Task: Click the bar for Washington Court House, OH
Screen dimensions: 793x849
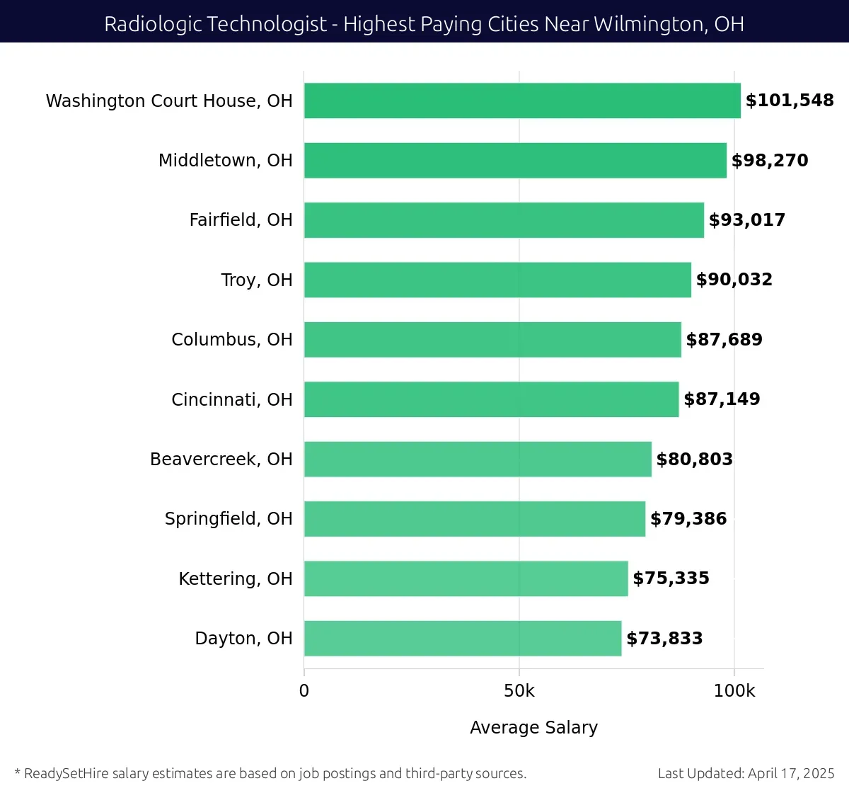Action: (x=522, y=101)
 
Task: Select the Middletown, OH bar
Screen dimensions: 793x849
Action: (x=515, y=161)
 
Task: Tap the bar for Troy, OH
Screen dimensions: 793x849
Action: (x=497, y=280)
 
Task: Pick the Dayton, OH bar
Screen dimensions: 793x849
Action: (x=463, y=639)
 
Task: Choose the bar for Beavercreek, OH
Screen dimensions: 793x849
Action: (x=478, y=459)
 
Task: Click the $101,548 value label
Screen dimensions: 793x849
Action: (x=790, y=101)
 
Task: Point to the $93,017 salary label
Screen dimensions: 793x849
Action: (x=747, y=220)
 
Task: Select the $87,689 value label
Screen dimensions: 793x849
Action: (x=724, y=340)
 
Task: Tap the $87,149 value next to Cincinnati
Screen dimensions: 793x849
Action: (x=722, y=399)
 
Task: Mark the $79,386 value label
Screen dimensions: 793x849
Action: (x=688, y=519)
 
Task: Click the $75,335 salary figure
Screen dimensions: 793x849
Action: (x=671, y=578)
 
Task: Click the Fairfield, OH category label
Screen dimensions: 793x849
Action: (x=241, y=220)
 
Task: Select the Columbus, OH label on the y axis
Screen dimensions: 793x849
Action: (x=231, y=340)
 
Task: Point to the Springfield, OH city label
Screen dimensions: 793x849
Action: (x=229, y=519)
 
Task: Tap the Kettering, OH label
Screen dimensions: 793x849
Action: (x=235, y=579)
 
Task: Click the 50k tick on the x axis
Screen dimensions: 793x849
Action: (x=519, y=691)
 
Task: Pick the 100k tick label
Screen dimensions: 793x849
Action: (x=734, y=691)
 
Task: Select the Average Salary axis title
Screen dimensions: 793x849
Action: (x=533, y=728)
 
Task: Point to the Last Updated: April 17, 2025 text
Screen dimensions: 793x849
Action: (x=746, y=773)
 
